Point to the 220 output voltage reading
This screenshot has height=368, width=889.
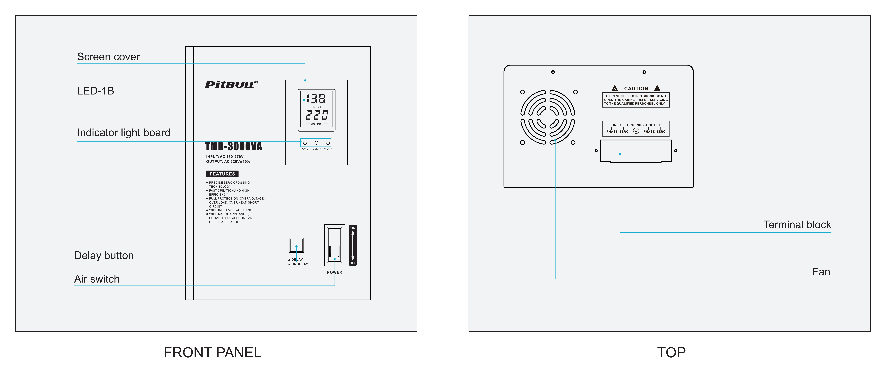[316, 115]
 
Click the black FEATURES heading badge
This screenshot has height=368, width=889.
[222, 174]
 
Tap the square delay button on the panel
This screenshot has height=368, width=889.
[296, 245]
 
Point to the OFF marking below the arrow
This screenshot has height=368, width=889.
[353, 263]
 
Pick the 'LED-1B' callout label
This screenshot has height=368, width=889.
[95, 91]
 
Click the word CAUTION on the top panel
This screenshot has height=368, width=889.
[636, 89]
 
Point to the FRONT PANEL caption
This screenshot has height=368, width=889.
[212, 353]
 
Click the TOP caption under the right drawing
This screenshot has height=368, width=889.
[671, 353]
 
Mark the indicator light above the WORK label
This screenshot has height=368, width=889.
[328, 143]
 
